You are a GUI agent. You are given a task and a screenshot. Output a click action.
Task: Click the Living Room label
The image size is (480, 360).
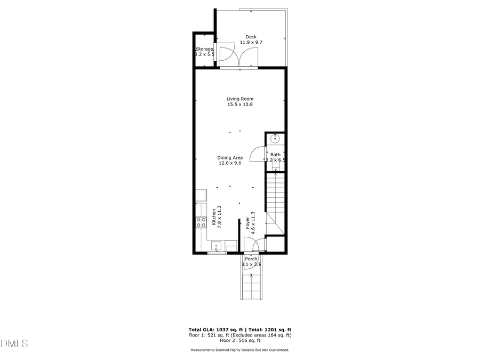point(239,99)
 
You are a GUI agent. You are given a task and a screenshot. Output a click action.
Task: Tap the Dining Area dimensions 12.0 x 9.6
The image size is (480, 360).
point(230,164)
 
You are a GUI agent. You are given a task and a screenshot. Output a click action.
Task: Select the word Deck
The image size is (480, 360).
point(251,37)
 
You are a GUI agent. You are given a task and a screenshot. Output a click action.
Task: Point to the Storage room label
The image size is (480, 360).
point(205,49)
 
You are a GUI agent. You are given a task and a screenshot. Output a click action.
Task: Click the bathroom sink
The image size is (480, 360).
point(275,139)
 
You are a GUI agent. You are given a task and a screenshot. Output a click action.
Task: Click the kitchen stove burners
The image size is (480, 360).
point(201,222)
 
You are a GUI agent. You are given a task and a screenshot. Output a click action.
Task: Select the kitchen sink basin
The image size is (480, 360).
point(216,246)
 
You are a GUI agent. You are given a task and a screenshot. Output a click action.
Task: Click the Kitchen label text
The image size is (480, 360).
point(214,218)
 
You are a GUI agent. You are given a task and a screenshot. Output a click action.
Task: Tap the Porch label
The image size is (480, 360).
point(251,259)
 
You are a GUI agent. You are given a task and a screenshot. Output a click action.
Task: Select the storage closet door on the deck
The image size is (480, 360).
point(225,54)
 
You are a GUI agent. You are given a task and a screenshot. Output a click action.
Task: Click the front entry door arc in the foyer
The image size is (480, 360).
point(258,246)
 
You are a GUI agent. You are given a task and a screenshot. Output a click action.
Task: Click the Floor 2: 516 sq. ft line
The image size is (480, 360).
point(239,340)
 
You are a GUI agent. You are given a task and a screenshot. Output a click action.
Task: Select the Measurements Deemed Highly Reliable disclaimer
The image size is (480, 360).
point(239,350)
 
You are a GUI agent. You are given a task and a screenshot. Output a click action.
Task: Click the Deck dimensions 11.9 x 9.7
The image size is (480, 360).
point(251,42)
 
